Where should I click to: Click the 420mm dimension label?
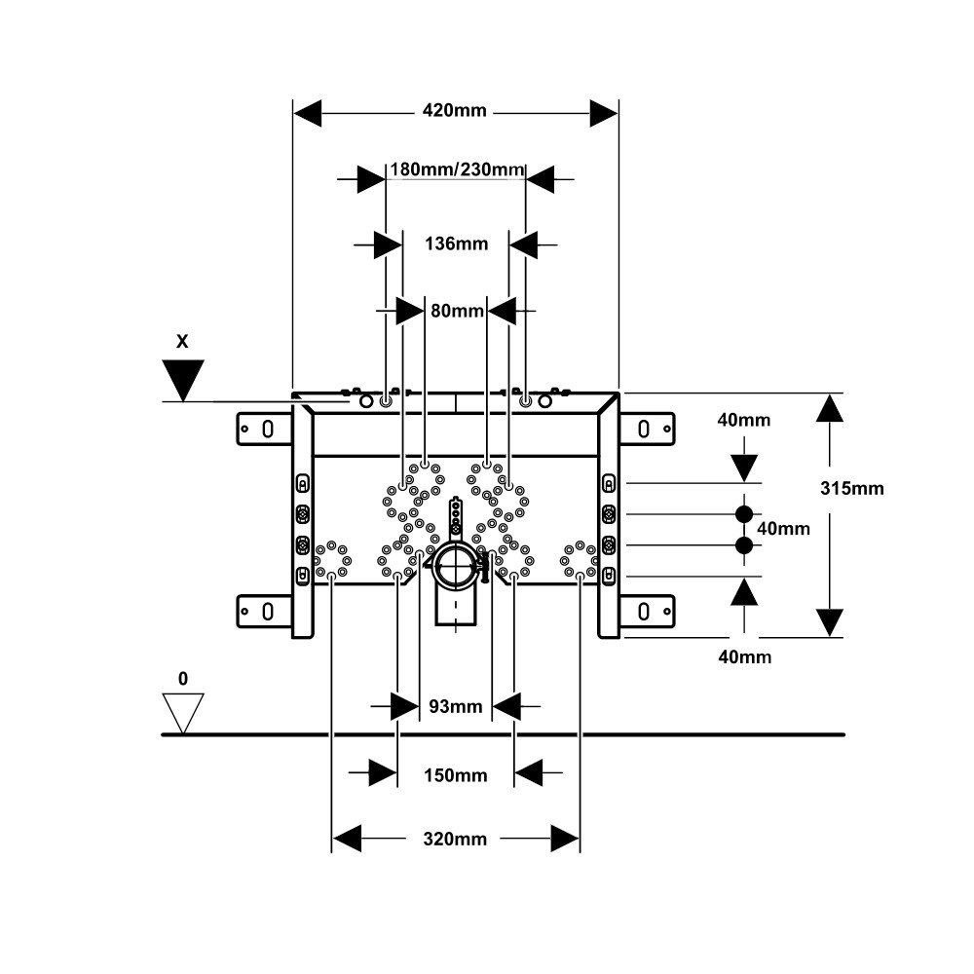[x=454, y=111]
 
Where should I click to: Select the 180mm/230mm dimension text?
[x=457, y=169]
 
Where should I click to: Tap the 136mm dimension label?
[x=456, y=243]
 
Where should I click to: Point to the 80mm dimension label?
[x=457, y=310]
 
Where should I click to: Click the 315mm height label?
[x=851, y=488]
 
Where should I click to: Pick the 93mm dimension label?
[x=455, y=706]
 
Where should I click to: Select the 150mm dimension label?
[x=455, y=775]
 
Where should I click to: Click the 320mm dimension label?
[x=455, y=840]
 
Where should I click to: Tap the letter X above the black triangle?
[x=182, y=341]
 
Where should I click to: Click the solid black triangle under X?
[x=183, y=376]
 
